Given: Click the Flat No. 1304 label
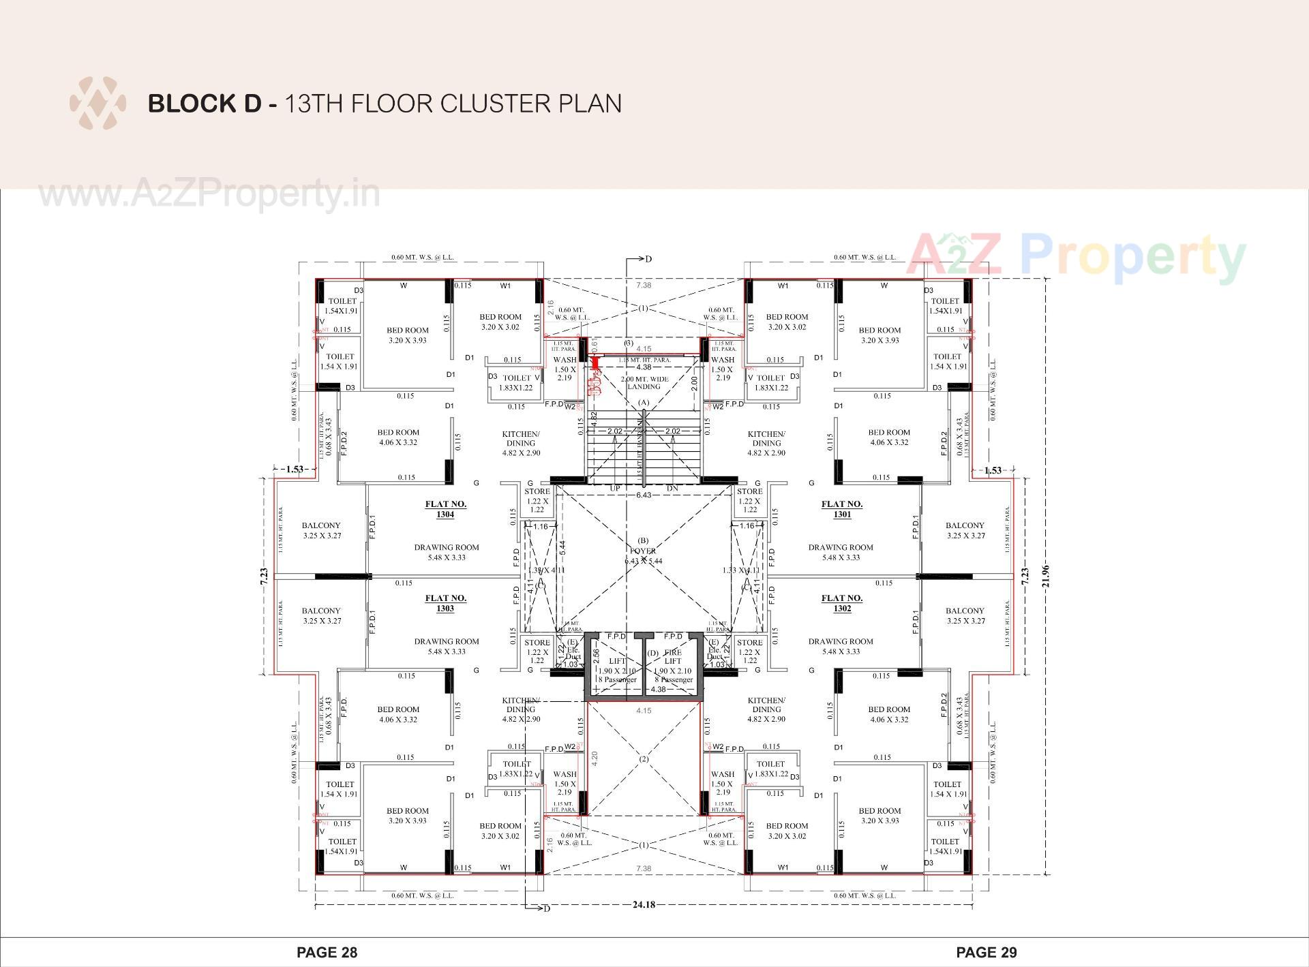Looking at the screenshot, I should click(x=445, y=509).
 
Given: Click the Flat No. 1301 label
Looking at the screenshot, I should click(x=842, y=509).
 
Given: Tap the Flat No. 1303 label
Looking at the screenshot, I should click(x=445, y=603).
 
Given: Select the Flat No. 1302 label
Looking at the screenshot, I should click(x=842, y=603).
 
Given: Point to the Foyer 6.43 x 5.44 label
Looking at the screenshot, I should click(x=643, y=555).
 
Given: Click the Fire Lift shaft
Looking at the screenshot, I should click(x=673, y=665).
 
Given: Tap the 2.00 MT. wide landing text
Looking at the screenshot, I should click(x=644, y=382).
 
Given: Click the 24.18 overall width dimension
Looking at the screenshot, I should click(x=644, y=905).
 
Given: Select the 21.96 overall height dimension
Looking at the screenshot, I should click(x=1046, y=576).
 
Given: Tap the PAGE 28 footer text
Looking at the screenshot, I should click(x=327, y=952).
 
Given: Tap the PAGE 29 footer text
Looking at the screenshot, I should click(x=987, y=952).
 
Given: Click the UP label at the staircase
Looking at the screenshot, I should click(x=615, y=489).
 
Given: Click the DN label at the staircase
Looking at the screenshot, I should click(x=672, y=489).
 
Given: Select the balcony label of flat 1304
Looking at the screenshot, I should click(x=321, y=530).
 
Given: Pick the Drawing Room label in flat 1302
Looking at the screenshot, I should click(x=841, y=646).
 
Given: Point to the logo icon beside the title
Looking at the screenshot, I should click(x=97, y=104).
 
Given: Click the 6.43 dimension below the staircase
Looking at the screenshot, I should click(x=644, y=495).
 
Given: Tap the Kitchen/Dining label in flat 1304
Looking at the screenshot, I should click(x=521, y=443).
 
